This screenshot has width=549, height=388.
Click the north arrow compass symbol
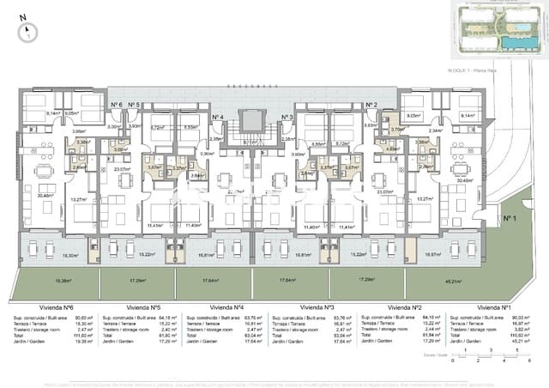(x=29, y=32)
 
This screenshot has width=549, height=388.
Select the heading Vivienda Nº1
(x=494, y=306)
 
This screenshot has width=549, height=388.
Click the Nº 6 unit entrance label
(x=116, y=105)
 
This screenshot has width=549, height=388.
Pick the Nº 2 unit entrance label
(x=371, y=105)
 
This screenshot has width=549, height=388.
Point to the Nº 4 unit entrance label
(x=217, y=118)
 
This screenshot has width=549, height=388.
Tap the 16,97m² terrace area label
(x=433, y=255)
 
